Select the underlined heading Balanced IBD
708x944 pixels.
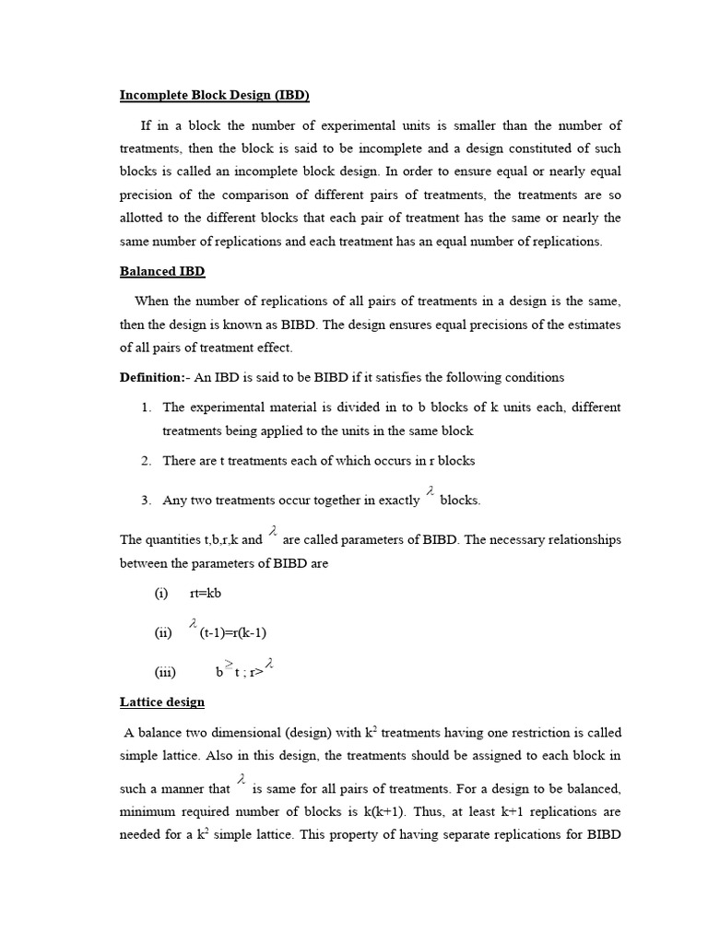(162, 271)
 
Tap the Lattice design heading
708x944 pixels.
(162, 702)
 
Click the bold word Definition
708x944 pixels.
(151, 377)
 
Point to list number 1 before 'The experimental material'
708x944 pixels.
(147, 407)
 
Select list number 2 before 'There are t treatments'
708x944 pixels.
(147, 461)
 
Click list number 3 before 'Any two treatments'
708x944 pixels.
(147, 501)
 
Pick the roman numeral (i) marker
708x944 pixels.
(161, 594)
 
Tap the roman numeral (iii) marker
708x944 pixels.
(165, 672)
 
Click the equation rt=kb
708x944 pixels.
(206, 594)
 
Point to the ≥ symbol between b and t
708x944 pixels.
(229, 665)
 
